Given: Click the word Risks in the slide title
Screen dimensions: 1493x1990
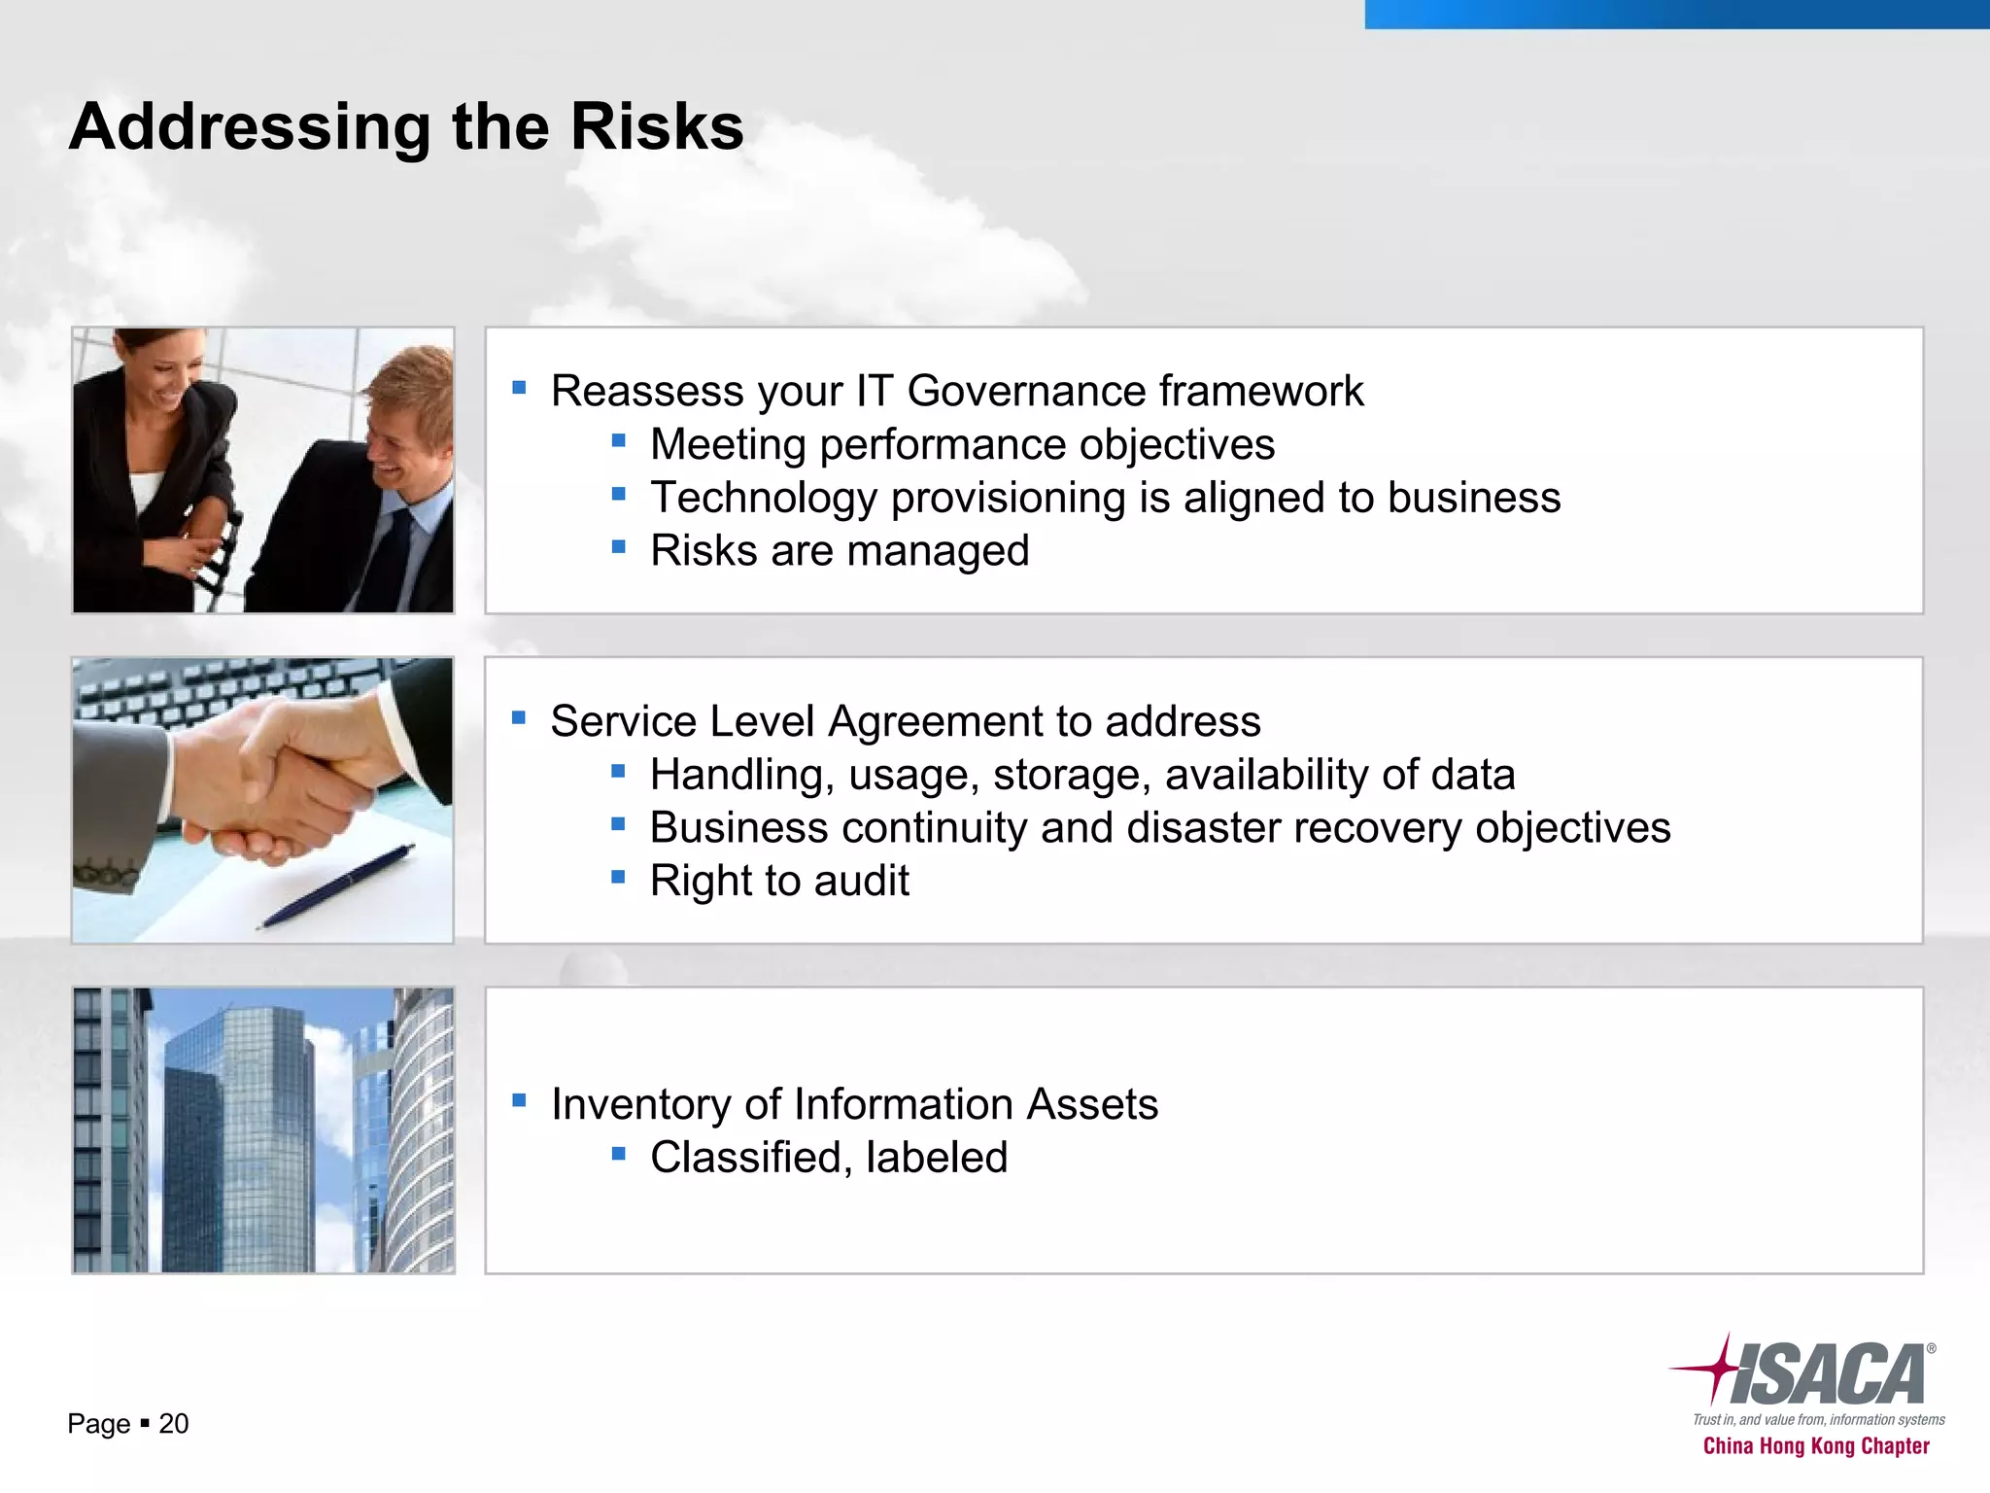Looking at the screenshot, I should coord(657,127).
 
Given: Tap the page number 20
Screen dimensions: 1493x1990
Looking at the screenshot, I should coord(173,1424).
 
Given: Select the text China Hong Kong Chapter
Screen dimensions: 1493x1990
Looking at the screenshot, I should coord(1816,1446).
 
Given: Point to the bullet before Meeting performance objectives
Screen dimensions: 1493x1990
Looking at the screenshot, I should coord(619,441).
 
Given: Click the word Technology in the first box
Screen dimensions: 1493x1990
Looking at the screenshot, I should coord(764,498).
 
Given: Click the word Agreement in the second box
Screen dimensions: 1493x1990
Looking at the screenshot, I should coord(935,722).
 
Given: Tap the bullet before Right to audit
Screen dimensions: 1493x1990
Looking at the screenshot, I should coord(619,877).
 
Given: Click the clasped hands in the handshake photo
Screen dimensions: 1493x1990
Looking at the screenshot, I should coord(282,778).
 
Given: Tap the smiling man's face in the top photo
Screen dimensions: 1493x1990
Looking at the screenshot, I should coord(403,433).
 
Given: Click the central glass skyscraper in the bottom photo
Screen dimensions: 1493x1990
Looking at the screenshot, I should coord(238,1137).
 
